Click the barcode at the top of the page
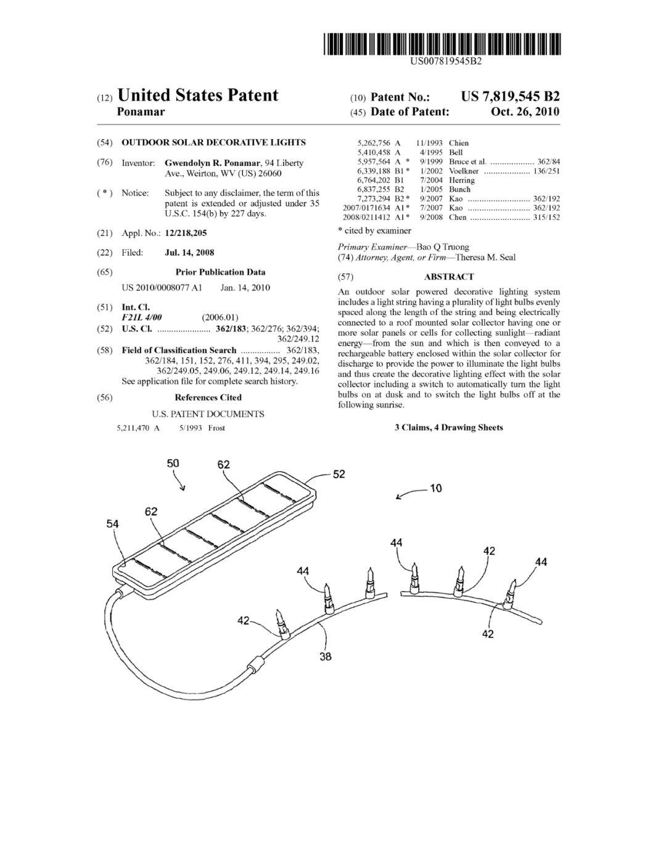pyautogui.click(x=443, y=44)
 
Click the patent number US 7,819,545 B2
pyautogui.click(x=510, y=96)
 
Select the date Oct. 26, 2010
pyautogui.click(x=525, y=112)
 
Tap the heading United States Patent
pyautogui.click(x=197, y=95)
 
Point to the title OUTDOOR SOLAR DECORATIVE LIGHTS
pyautogui.click(x=213, y=142)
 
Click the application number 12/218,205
pyautogui.click(x=186, y=233)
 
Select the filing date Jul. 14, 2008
pyautogui.click(x=189, y=252)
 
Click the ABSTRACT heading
pyautogui.click(x=448, y=277)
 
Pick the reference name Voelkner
pyautogui.click(x=464, y=171)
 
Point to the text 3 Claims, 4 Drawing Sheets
pyautogui.click(x=448, y=427)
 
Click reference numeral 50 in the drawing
pyautogui.click(x=173, y=463)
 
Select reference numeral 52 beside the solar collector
pyautogui.click(x=339, y=474)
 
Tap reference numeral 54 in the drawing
pyautogui.click(x=112, y=524)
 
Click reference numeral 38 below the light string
pyautogui.click(x=326, y=656)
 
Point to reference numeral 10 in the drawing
pyautogui.click(x=435, y=488)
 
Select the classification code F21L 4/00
pyautogui.click(x=141, y=317)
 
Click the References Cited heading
pyautogui.click(x=208, y=398)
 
